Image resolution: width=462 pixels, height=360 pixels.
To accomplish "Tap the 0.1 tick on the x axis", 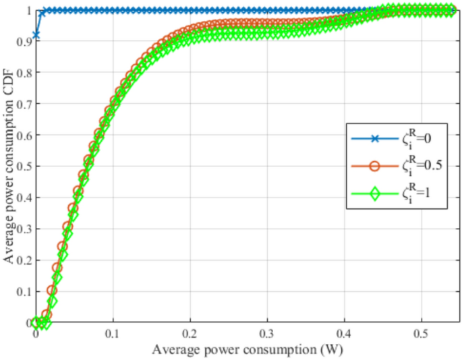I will click(113, 334).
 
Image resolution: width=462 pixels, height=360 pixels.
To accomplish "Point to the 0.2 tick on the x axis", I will click(191, 334).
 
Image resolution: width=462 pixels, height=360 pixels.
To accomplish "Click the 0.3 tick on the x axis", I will click(268, 334).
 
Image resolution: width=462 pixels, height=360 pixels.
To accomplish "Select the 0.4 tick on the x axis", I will click(345, 334).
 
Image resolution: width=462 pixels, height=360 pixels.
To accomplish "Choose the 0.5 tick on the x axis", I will click(422, 334).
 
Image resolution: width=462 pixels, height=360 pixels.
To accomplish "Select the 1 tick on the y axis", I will click(28, 11).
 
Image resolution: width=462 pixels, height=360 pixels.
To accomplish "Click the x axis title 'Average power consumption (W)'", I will click(243, 350).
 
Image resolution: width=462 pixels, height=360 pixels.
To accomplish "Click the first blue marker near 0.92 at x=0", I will click(36, 34).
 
